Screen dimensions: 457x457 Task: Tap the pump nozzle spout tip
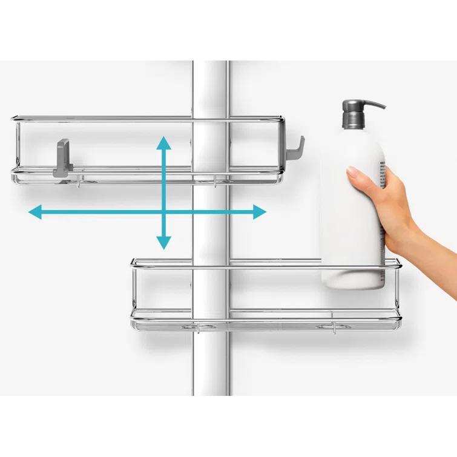coord(383,107)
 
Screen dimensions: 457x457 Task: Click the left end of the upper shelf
coord(14,148)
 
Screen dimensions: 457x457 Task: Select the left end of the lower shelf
coord(133,291)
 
